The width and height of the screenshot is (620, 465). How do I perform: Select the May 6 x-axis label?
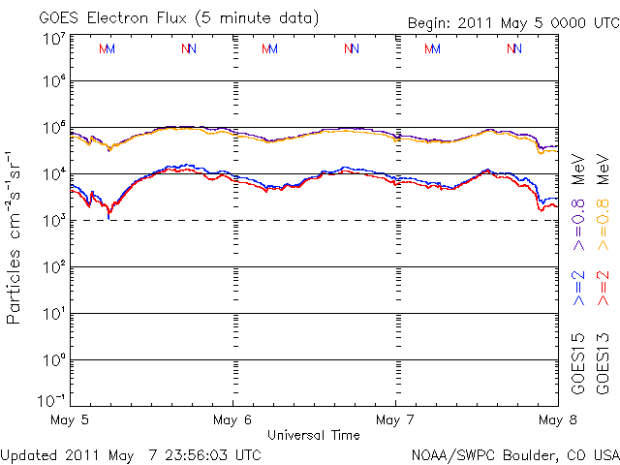pos(232,420)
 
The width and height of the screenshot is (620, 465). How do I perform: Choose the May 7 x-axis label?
pos(395,420)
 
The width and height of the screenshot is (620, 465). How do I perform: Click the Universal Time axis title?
pos(314,435)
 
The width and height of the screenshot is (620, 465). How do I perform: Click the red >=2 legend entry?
pos(603,288)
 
